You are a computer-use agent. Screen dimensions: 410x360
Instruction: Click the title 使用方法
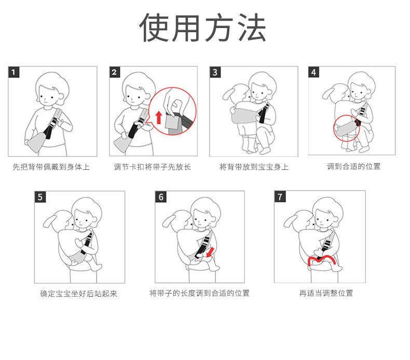(202, 28)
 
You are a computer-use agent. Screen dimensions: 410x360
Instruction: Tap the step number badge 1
(14, 72)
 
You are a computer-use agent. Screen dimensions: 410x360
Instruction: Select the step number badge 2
(115, 72)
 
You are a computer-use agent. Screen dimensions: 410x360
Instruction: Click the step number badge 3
(215, 72)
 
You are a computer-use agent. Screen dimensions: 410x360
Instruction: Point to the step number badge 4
(314, 72)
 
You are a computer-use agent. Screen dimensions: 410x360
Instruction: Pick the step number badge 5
(40, 197)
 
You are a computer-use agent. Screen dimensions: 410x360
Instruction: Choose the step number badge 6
(161, 197)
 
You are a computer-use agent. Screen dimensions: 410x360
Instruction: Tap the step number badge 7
(280, 197)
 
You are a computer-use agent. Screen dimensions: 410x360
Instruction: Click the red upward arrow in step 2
(158, 117)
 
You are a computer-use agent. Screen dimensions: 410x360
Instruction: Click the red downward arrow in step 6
(210, 252)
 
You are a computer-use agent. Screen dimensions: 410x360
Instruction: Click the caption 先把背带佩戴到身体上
(51, 167)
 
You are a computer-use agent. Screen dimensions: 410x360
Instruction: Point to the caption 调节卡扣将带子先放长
(153, 167)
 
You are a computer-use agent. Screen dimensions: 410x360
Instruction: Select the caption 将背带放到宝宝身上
(254, 167)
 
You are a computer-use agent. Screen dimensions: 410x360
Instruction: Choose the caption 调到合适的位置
(353, 166)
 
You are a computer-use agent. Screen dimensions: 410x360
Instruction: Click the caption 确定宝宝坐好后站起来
(79, 294)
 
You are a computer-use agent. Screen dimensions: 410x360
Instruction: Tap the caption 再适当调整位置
(326, 293)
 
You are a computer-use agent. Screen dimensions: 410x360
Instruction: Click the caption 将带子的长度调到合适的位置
(199, 293)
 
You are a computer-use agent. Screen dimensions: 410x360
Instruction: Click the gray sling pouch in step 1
(37, 142)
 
